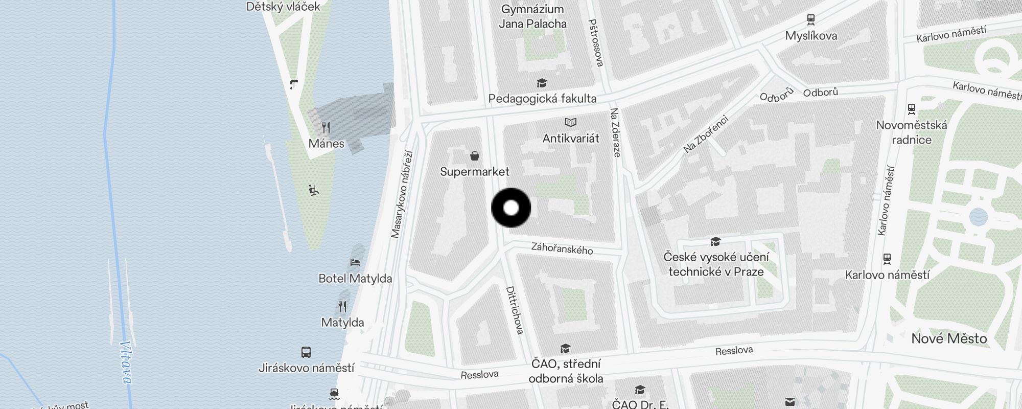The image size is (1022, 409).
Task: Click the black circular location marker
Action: pos(511,208)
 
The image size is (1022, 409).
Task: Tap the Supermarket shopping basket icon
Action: pos(475,156)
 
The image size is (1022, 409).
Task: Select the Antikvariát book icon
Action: pos(571,122)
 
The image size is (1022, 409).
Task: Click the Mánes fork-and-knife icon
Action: pos(326,127)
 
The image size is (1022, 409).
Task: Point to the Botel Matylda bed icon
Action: pos(355,263)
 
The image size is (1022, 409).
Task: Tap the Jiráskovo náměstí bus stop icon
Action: pos(306,352)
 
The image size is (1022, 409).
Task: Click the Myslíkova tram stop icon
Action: pos(810,20)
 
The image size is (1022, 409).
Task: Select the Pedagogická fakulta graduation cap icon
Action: pos(542,83)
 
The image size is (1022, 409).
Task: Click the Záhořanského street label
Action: pos(562,249)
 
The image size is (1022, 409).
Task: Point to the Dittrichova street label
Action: pos(515,310)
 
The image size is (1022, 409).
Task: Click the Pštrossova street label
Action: pos(596,43)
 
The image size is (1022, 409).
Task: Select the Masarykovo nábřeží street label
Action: pos(402,194)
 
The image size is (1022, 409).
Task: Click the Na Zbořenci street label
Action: pos(706,134)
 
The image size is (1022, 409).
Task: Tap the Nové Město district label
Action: pos(949,338)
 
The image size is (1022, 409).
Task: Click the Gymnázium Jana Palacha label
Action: pos(532,16)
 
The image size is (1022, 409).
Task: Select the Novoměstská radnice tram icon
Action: pos(911,109)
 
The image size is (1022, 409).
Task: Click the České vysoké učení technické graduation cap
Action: pos(715,241)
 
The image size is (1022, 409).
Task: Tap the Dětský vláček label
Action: pos(283,7)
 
